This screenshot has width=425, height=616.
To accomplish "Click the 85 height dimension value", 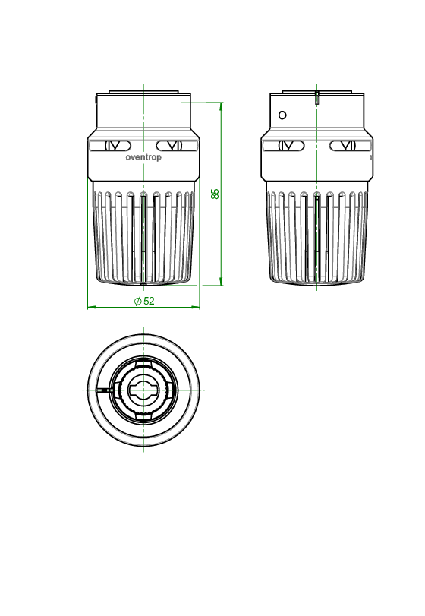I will click(x=216, y=194).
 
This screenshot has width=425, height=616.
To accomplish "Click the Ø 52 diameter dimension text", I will click(x=143, y=301).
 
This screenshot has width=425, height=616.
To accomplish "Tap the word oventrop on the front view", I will click(x=143, y=158).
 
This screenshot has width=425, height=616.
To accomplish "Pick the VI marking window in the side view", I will click(x=348, y=145).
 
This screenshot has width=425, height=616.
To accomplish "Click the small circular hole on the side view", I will click(x=282, y=115).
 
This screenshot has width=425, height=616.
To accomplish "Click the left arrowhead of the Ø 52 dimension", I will click(x=92, y=307).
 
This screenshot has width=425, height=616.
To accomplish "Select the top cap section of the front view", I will click(x=143, y=114).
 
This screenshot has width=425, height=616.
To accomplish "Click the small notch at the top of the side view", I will click(x=316, y=96).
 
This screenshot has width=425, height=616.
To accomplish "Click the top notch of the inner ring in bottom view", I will click(x=143, y=372).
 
